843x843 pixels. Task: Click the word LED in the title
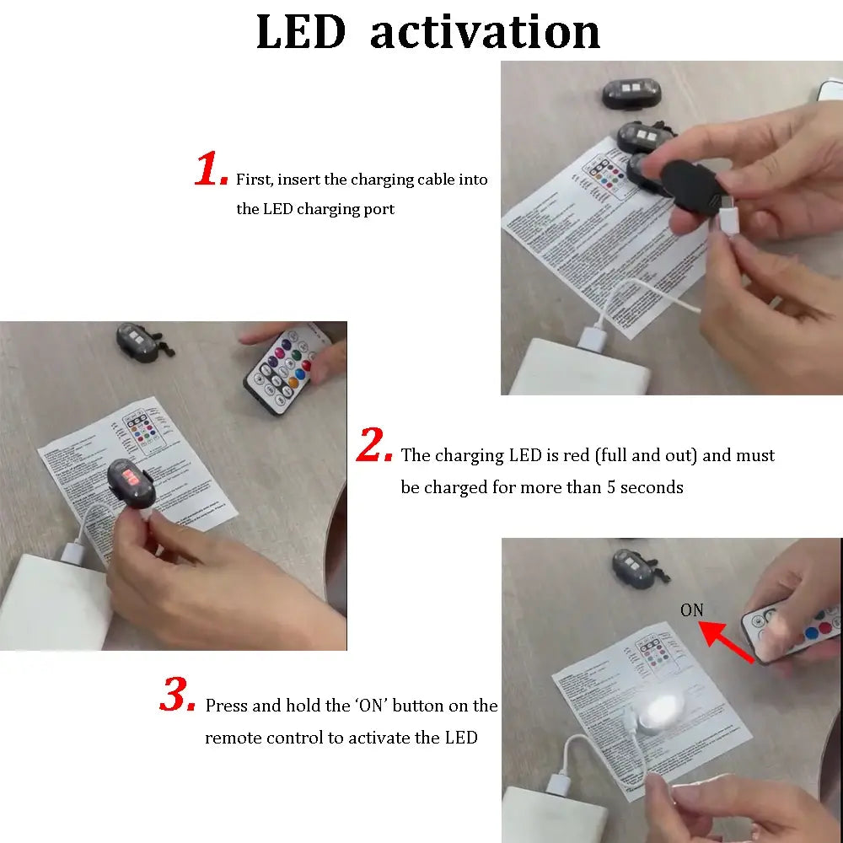(301, 32)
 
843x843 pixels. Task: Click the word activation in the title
(485, 32)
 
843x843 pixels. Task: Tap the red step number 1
(211, 171)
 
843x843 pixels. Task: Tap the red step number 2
(374, 447)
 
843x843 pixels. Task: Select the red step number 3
(178, 696)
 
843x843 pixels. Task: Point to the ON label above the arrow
(691, 610)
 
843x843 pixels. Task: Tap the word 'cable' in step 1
(436, 180)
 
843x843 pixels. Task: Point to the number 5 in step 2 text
(611, 487)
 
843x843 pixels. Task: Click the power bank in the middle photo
(51, 603)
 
